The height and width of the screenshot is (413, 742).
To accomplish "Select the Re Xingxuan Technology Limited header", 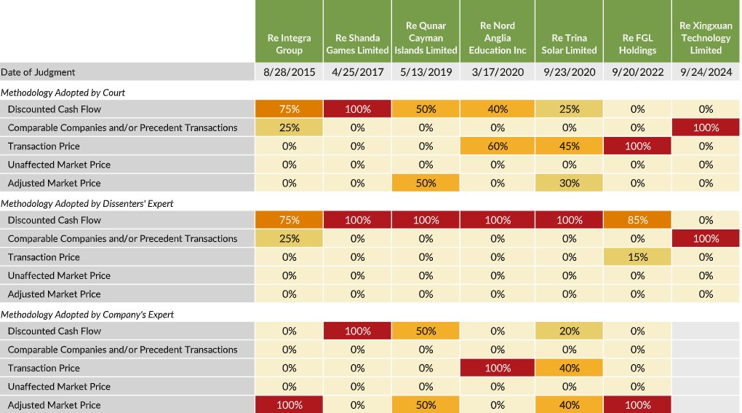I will point(706,38).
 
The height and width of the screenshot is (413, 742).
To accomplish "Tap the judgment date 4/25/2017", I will point(357,72).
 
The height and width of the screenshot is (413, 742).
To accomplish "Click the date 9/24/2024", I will point(706,72).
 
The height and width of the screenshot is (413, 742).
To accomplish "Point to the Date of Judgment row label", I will point(38,72).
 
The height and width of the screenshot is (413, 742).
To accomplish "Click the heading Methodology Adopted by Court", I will point(63,93).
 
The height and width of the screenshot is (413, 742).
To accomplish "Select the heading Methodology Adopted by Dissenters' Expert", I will point(87,203).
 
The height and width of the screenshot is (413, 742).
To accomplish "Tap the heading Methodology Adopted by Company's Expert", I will point(87,315).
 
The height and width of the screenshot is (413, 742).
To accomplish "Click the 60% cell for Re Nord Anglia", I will point(498,146).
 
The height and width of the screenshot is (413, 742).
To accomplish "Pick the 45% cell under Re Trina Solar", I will point(569,146).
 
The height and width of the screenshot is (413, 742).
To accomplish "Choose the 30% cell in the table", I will point(569,183).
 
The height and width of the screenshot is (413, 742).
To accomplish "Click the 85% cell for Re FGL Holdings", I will point(637,220).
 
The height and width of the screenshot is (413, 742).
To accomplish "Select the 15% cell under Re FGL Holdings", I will point(637,257).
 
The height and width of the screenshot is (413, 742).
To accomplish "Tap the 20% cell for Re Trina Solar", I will point(569,331).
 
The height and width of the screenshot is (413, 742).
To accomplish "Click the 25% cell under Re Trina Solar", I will point(569,109).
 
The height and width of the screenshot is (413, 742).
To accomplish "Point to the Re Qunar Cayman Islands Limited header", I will point(426,38).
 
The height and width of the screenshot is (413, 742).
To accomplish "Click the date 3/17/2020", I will point(498,72).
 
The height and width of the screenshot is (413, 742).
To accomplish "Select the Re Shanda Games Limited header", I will point(357,44).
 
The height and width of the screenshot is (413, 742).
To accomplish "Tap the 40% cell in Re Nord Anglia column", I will point(498,109).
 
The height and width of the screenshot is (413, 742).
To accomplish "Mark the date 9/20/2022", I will point(637,72).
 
